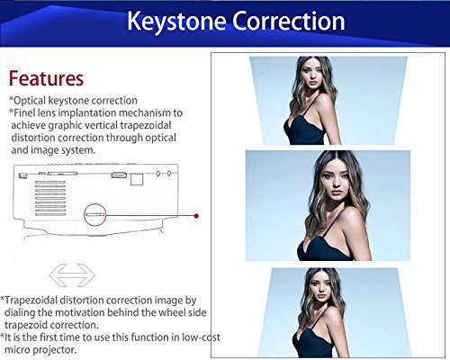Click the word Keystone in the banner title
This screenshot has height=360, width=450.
click(176, 22)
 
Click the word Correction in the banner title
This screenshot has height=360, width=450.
click(289, 21)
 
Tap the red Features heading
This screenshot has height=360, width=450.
click(46, 78)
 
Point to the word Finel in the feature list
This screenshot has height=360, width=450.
click(24, 112)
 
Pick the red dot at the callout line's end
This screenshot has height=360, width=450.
click(196, 216)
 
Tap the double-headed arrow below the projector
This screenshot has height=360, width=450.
click(72, 274)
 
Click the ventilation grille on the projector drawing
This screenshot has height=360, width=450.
click(50, 198)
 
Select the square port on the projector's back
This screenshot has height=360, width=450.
click(137, 179)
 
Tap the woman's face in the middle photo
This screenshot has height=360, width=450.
click(336, 184)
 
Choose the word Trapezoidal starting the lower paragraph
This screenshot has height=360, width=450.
click(31, 301)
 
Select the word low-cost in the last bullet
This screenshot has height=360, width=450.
click(201, 337)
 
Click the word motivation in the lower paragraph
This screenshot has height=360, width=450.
click(80, 312)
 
